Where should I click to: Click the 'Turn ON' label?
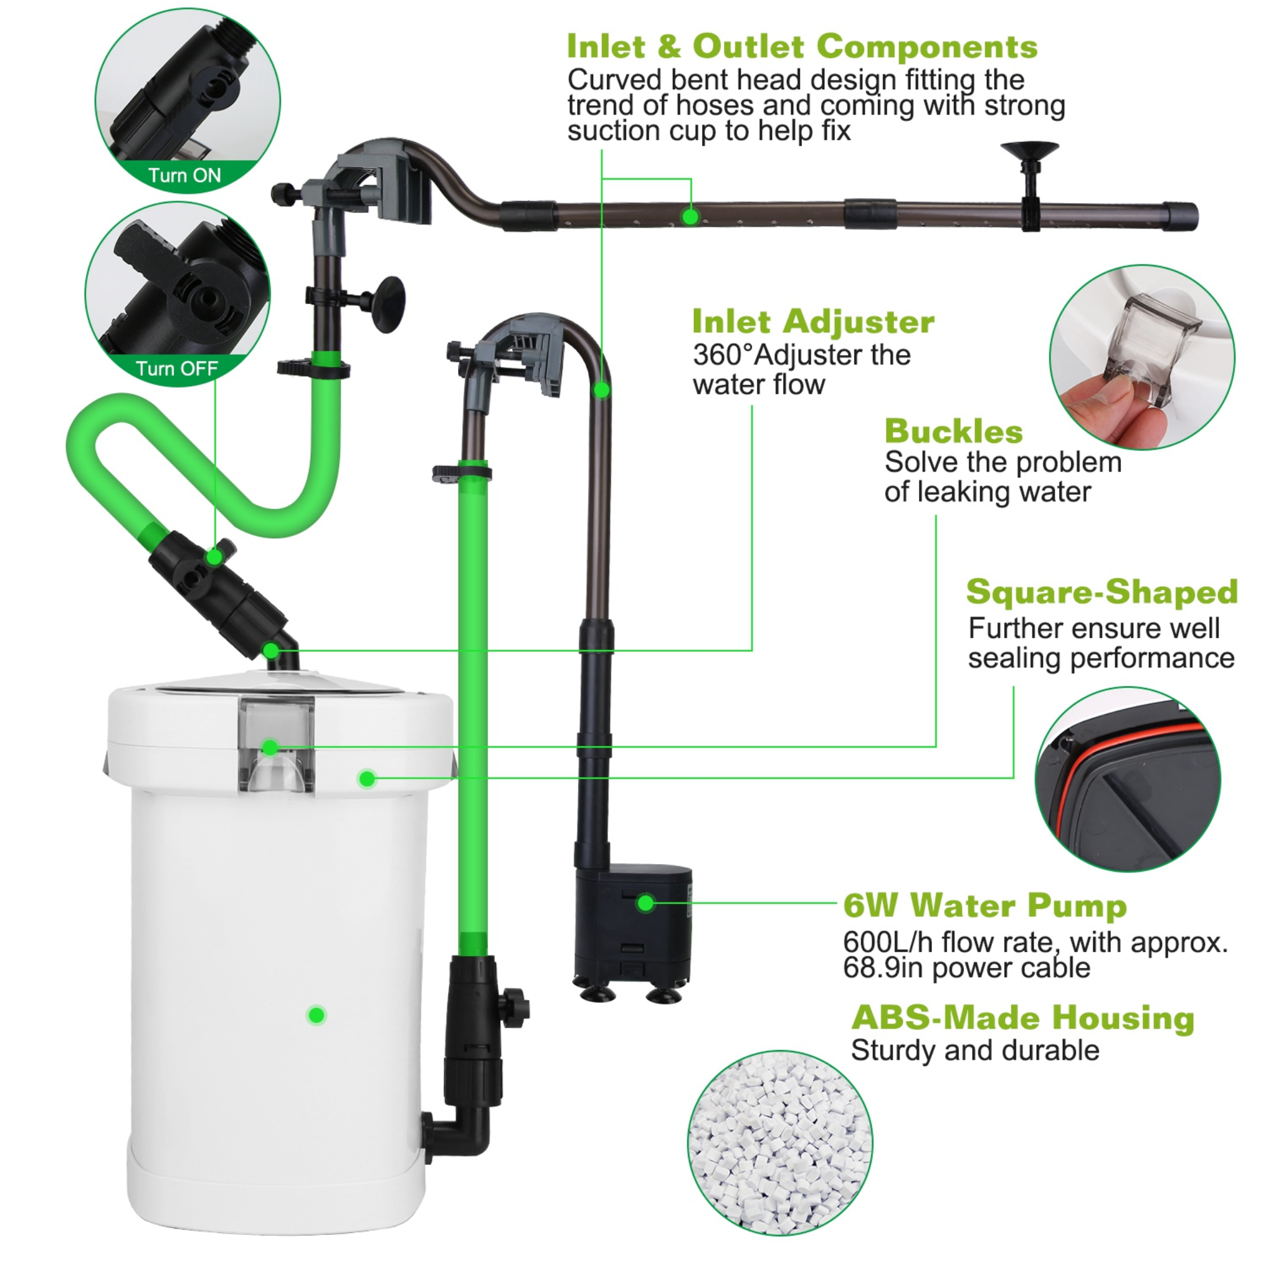(x=184, y=175)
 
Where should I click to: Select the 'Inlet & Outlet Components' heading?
(x=801, y=46)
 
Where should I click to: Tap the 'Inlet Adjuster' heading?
(x=813, y=322)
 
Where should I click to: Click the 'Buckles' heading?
(x=953, y=432)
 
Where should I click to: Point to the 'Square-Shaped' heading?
(x=1101, y=592)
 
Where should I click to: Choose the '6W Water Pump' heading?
(x=984, y=906)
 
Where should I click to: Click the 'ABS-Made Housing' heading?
(x=1022, y=1018)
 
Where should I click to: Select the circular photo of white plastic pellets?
(x=780, y=1143)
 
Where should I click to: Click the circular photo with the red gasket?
(x=1127, y=779)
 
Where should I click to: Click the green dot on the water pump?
(x=646, y=903)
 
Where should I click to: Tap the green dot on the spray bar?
(x=689, y=216)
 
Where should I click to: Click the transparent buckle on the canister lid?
(x=276, y=744)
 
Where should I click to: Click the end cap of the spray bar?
(x=1179, y=216)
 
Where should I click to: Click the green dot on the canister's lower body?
(x=316, y=1015)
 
